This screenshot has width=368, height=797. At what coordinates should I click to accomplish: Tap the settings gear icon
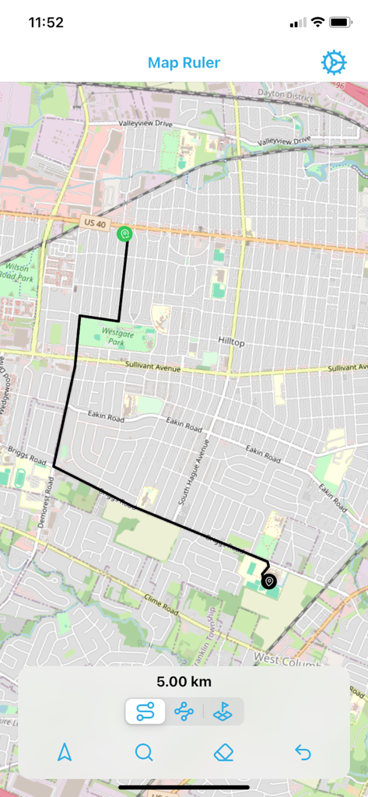(334, 62)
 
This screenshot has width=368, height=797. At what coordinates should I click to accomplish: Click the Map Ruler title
(184, 63)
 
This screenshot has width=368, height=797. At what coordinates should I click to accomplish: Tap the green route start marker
(124, 233)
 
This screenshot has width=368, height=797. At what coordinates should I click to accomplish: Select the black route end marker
(269, 581)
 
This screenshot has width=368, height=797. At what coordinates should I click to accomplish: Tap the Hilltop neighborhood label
(231, 342)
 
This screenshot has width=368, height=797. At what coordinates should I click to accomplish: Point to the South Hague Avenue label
(195, 474)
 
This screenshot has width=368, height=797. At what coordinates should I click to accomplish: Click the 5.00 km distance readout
(184, 682)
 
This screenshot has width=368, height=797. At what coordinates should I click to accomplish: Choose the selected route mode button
(145, 711)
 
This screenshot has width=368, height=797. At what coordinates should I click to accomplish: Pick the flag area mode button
(223, 711)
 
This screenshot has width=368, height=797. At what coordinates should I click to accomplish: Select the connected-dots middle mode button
(184, 711)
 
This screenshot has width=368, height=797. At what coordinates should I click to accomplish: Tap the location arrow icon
(65, 752)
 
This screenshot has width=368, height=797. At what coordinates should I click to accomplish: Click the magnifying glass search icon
(144, 752)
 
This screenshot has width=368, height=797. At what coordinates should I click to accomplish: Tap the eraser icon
(224, 752)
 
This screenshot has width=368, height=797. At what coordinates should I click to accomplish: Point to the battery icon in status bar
(341, 23)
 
